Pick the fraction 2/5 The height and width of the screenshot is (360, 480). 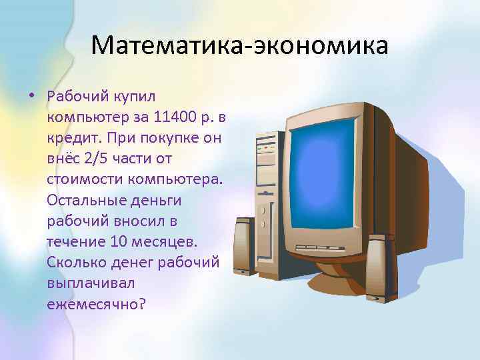(x=96, y=160)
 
